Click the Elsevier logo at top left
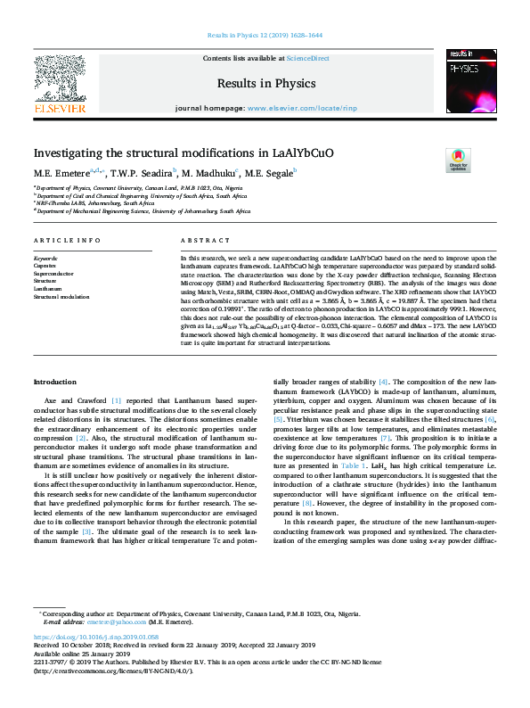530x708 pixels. (x=60, y=84)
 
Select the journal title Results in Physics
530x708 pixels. (x=265, y=84)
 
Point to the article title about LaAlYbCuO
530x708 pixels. (x=172, y=153)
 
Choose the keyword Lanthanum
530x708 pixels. (x=49, y=289)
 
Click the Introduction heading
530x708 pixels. (x=56, y=381)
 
